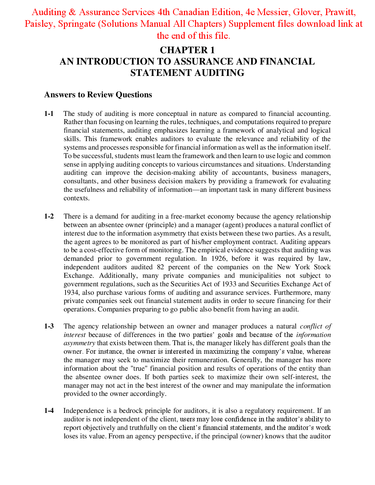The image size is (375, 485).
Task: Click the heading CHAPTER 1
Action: (187, 50)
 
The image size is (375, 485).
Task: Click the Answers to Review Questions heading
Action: (98, 95)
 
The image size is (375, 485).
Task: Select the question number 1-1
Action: (49, 114)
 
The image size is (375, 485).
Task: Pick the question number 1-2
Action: (49, 216)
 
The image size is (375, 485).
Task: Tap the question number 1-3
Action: (49, 326)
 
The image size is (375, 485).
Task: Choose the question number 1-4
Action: (49, 411)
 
